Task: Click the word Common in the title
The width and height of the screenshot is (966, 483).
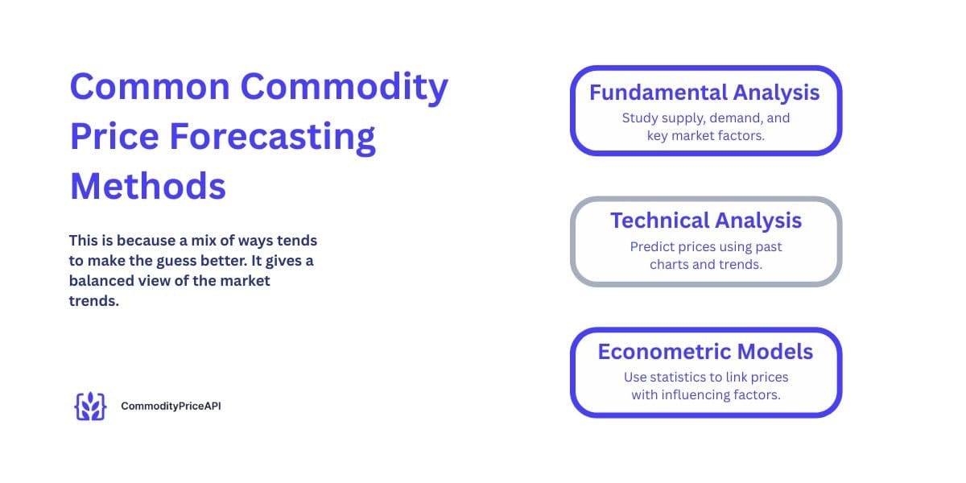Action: pyautogui.click(x=150, y=87)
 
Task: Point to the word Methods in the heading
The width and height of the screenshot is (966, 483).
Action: pyautogui.click(x=148, y=186)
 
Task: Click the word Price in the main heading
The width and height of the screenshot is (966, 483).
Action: pyautogui.click(x=114, y=137)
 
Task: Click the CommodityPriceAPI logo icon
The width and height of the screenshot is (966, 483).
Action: pyautogui.click(x=89, y=407)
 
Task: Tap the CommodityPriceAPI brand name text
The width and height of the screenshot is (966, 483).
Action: pyautogui.click(x=171, y=407)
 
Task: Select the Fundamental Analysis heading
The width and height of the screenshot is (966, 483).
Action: pyautogui.click(x=704, y=93)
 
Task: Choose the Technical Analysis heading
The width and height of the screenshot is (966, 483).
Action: pyautogui.click(x=705, y=220)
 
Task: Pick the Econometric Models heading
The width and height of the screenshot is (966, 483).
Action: pyautogui.click(x=705, y=351)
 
